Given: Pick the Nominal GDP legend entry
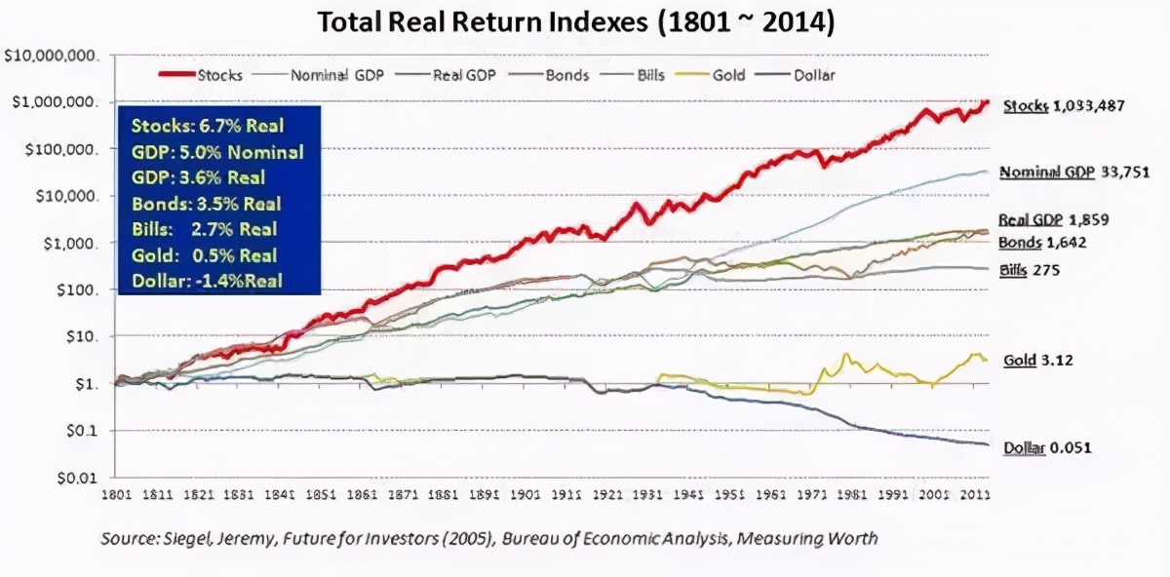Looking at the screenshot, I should (x=334, y=74).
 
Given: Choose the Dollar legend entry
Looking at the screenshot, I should (x=814, y=74).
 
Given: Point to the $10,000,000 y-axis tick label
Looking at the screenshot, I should (x=52, y=57).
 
